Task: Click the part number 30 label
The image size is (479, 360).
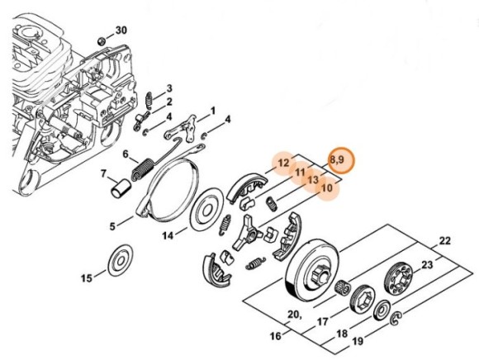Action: tap(121, 31)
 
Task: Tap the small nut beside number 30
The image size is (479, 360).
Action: tap(102, 40)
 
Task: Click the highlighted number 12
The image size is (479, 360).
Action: tap(283, 163)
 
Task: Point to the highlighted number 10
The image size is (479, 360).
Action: tap(327, 187)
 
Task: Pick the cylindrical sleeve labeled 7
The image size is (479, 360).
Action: tap(120, 189)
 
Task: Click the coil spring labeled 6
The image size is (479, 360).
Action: tap(143, 169)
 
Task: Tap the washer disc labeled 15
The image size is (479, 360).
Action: tap(121, 260)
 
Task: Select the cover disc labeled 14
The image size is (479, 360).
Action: tap(206, 210)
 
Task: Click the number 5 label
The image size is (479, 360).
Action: tap(112, 226)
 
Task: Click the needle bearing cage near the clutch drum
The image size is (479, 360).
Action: tap(343, 287)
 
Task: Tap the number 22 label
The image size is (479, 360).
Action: tap(444, 241)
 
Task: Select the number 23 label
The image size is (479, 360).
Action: tap(427, 264)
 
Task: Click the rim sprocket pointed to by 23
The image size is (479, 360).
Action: tap(398, 279)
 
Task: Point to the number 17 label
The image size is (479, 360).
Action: tap(323, 321)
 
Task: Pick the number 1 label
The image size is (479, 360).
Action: tap(213, 111)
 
